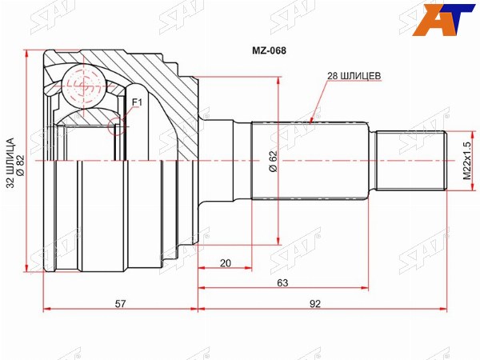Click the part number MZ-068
pyautogui.click(x=269, y=50)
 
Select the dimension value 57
pyautogui.click(x=120, y=304)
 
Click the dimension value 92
pyautogui.click(x=315, y=304)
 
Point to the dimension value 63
pyautogui.click(x=282, y=283)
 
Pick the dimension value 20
pyautogui.click(x=226, y=263)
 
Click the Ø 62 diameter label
pyautogui.click(x=274, y=162)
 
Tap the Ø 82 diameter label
pyautogui.click(x=21, y=166)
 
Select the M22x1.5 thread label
pyautogui.click(x=466, y=161)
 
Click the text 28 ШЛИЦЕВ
pyautogui.click(x=354, y=76)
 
